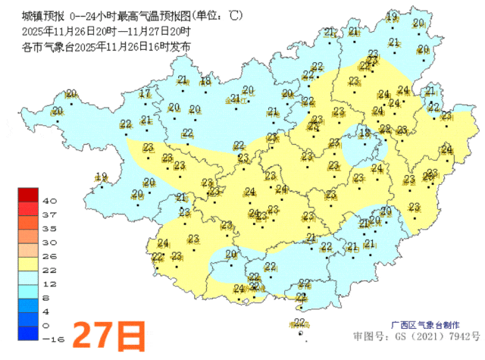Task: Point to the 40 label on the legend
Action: point(51,202)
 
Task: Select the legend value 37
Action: point(51,215)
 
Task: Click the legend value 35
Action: point(51,228)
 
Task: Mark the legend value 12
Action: point(51,283)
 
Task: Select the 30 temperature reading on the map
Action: point(385,211)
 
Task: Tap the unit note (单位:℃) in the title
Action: point(217,15)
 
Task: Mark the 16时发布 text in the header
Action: point(172,47)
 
